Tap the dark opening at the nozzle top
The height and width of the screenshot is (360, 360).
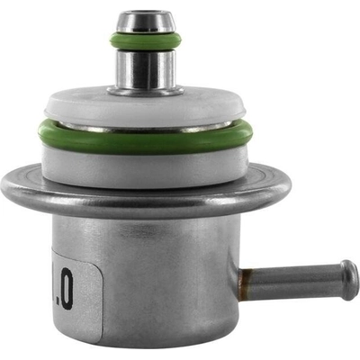point(145,14)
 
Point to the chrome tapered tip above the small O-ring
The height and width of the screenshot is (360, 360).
point(145,22)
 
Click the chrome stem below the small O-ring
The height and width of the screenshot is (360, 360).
point(145,69)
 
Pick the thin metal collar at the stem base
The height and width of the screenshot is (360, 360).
point(145,90)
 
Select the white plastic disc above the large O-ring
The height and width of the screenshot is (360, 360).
point(145,106)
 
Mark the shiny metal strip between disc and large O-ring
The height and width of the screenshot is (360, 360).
point(145,128)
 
